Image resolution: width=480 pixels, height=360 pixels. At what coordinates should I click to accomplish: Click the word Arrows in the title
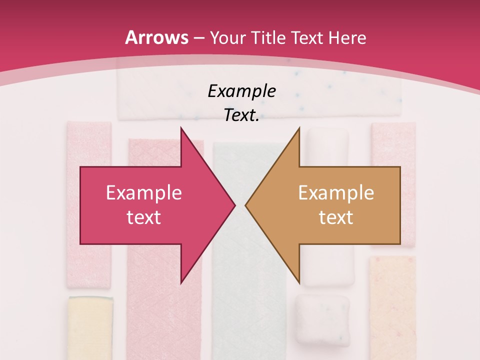156,37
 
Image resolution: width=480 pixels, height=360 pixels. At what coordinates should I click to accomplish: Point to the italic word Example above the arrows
242,91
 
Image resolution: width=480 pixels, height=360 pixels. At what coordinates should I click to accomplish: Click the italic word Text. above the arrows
242,115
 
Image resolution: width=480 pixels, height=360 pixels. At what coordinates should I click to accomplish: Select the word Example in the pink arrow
144,193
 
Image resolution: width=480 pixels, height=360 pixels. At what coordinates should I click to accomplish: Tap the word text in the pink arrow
144,217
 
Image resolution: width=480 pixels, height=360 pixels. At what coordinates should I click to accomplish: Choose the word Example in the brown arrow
336,193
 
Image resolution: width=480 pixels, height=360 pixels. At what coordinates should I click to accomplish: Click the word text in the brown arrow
336,217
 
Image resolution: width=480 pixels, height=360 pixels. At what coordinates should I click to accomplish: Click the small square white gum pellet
321,319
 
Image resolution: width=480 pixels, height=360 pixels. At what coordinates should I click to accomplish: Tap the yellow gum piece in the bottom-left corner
90,327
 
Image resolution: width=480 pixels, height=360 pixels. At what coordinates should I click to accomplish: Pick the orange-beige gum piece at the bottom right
392,305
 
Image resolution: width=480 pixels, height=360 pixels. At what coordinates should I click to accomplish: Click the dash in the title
199,38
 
